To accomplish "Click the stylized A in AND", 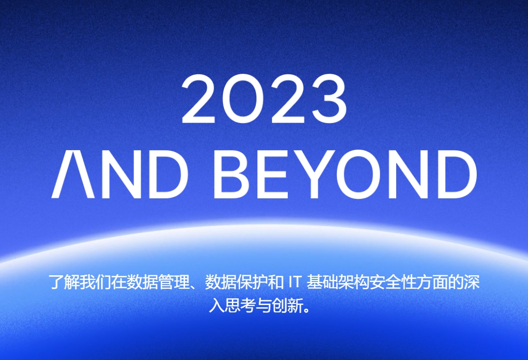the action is click(73, 174).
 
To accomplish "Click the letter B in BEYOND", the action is click(231, 174).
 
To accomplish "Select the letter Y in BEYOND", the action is click(314, 174).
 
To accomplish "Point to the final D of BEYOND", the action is click(457, 174).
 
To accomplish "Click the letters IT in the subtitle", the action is click(294, 282).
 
